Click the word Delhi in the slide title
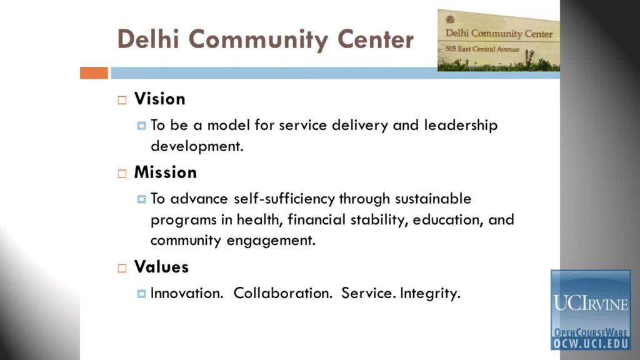click(148, 39)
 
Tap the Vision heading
click(159, 99)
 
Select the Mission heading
click(165, 172)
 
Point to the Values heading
click(161, 267)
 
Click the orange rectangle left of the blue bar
click(94, 72)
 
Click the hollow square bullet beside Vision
click(122, 100)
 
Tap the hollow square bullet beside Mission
click(122, 174)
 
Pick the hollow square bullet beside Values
click(122, 268)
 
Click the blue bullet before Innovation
click(142, 294)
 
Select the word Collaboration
click(283, 293)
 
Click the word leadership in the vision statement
click(461, 125)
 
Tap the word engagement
click(271, 241)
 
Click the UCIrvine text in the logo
click(591, 304)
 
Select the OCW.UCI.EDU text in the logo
click(591, 344)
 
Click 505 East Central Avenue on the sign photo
click(482, 49)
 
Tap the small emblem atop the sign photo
click(450, 19)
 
